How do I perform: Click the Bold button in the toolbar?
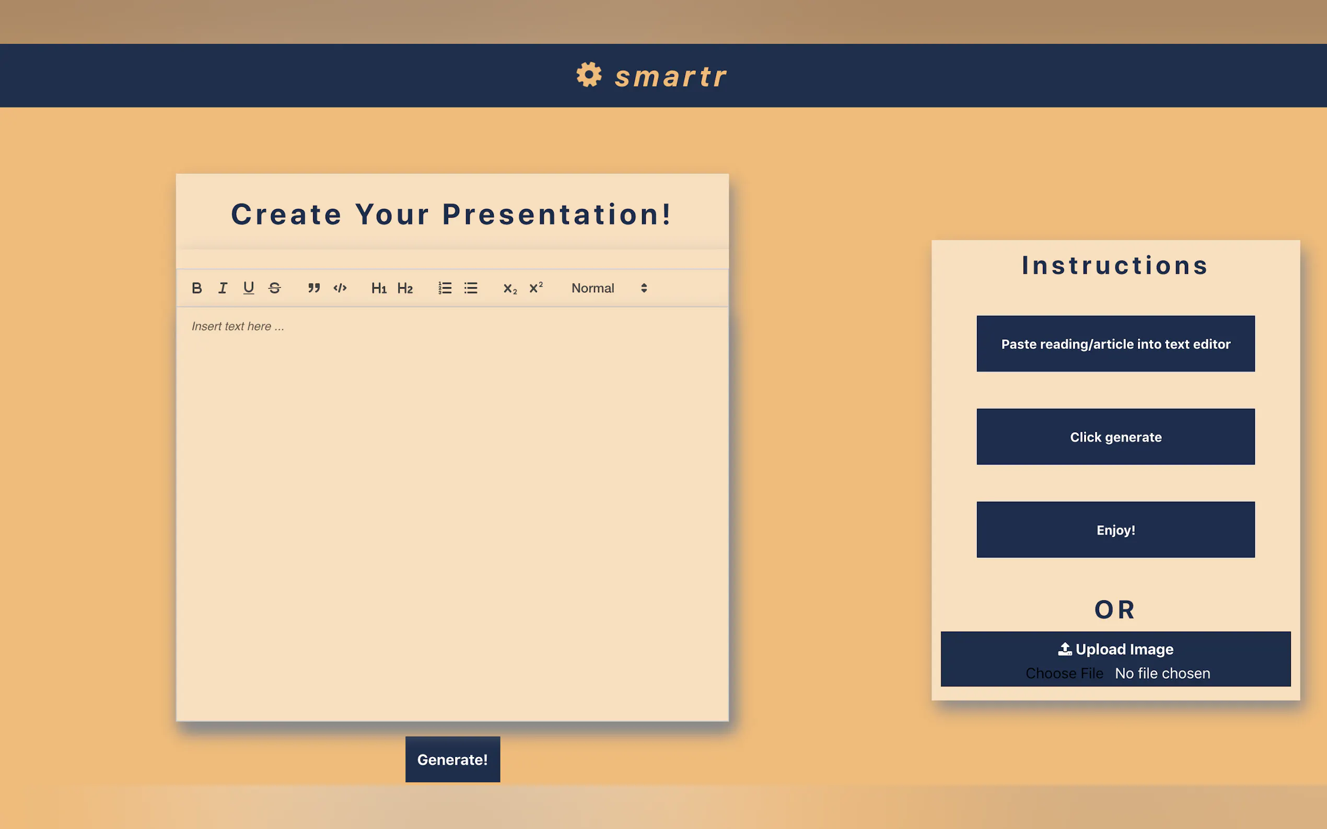click(197, 288)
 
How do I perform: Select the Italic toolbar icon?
click(223, 288)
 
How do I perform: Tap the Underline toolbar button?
click(249, 288)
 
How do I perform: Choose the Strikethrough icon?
click(275, 288)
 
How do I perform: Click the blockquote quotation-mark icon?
click(314, 288)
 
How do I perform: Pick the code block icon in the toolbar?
click(340, 288)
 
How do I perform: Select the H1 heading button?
click(379, 288)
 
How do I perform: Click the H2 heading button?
click(405, 288)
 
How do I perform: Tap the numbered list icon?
click(445, 288)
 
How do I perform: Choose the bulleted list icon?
click(471, 288)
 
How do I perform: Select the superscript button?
click(536, 287)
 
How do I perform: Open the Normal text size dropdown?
click(610, 288)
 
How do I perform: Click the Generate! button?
click(452, 760)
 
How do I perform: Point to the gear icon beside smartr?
click(589, 75)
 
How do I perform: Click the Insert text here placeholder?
click(238, 326)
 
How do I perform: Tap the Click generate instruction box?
click(1116, 436)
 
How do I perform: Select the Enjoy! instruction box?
click(1116, 530)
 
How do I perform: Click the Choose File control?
click(1064, 673)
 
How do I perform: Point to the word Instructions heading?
click(1115, 265)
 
